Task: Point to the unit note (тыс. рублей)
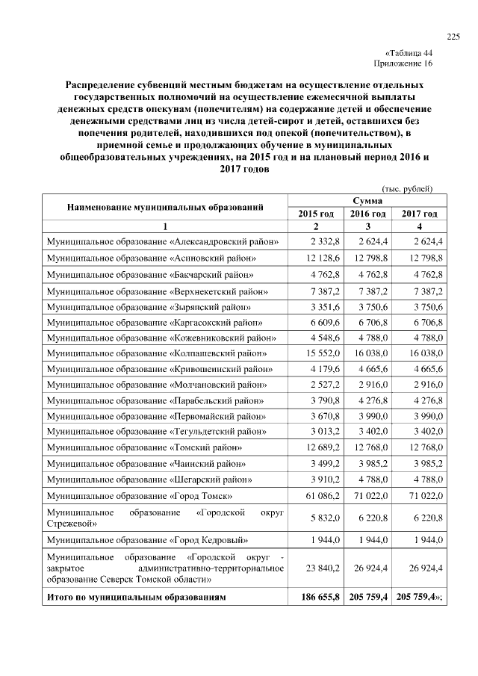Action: point(407,189)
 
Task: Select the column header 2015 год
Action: point(316,214)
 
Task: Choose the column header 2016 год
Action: point(367,214)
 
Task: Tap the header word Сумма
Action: point(367,201)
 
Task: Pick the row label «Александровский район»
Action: point(164,241)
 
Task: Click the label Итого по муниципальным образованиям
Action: point(135,598)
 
